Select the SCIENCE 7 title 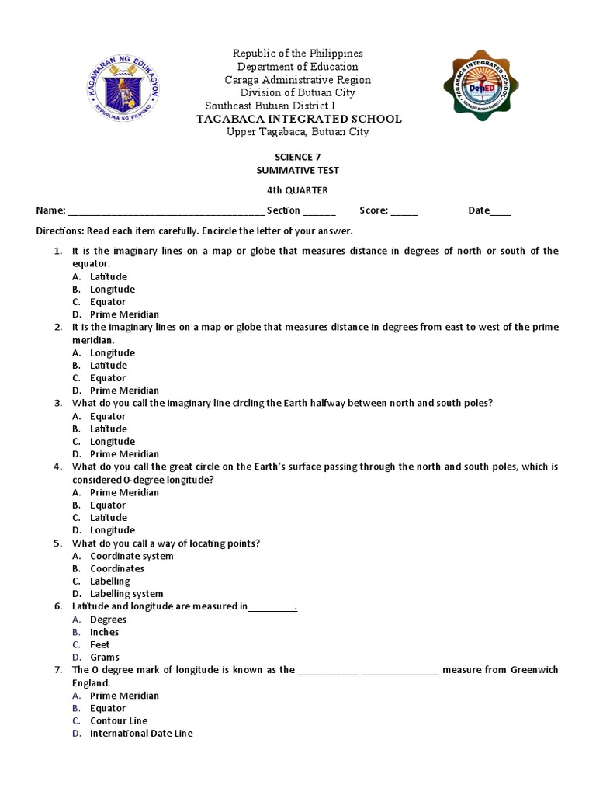[298, 157]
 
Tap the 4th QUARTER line [298, 190]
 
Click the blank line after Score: [404, 211]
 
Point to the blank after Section [319, 211]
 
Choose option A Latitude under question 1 [108, 276]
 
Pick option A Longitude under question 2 [112, 352]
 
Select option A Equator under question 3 [107, 416]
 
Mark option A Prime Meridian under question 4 [124, 492]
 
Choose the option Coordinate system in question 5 [131, 556]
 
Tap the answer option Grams [105, 657]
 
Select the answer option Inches [104, 632]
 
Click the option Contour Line [118, 720]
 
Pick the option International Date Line [140, 733]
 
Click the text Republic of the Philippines [298, 54]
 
